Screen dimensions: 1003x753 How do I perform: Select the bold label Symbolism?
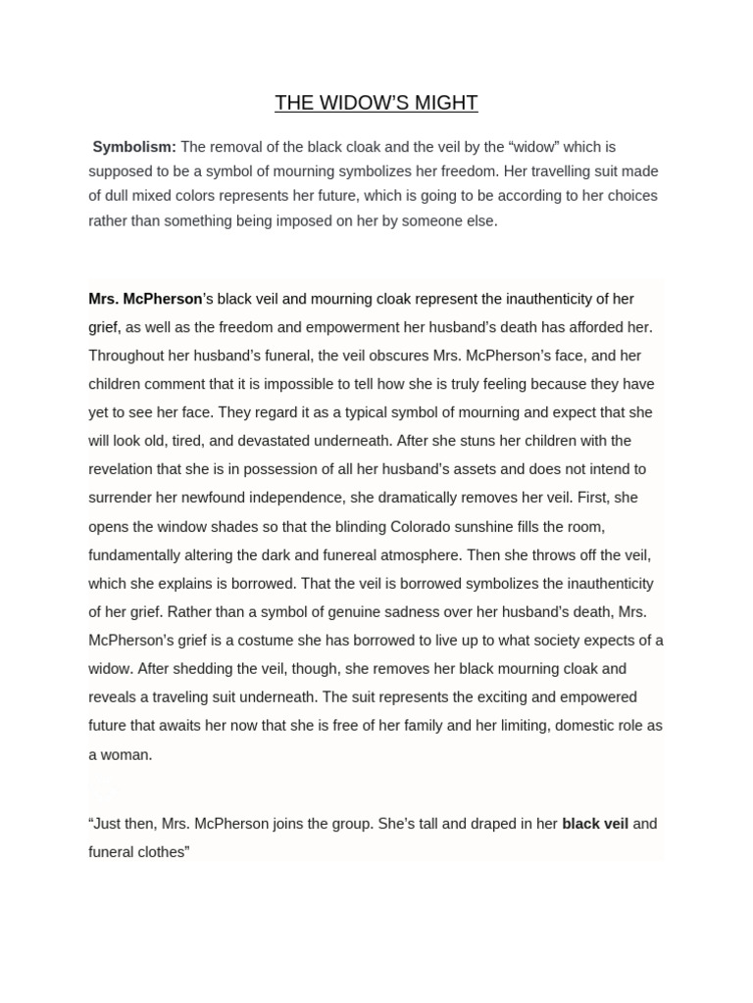pos(134,147)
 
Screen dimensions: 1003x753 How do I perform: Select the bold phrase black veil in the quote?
pos(595,824)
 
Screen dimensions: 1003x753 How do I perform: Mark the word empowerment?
pos(322,327)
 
